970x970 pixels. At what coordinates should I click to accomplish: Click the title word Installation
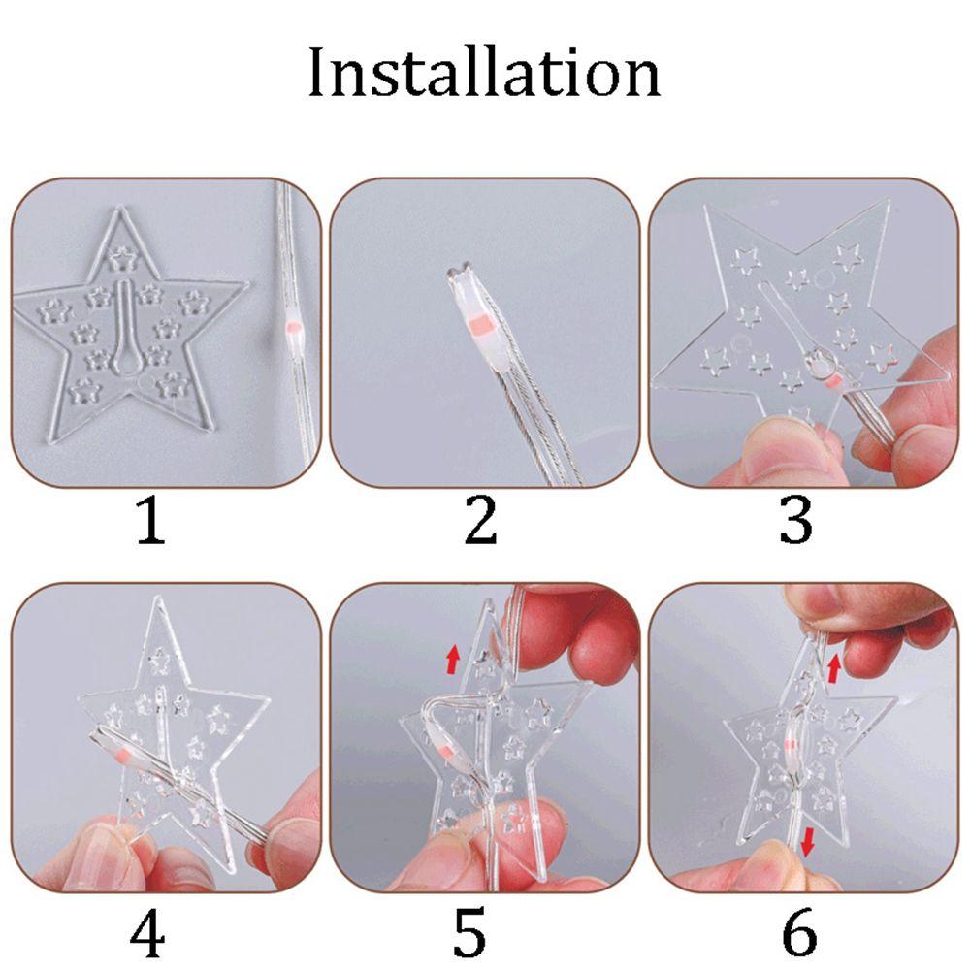(x=484, y=74)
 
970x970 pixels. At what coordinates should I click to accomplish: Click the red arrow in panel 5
(x=452, y=663)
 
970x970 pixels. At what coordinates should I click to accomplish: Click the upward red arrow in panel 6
(x=834, y=667)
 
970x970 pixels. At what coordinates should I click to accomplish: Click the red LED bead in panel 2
(x=475, y=324)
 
